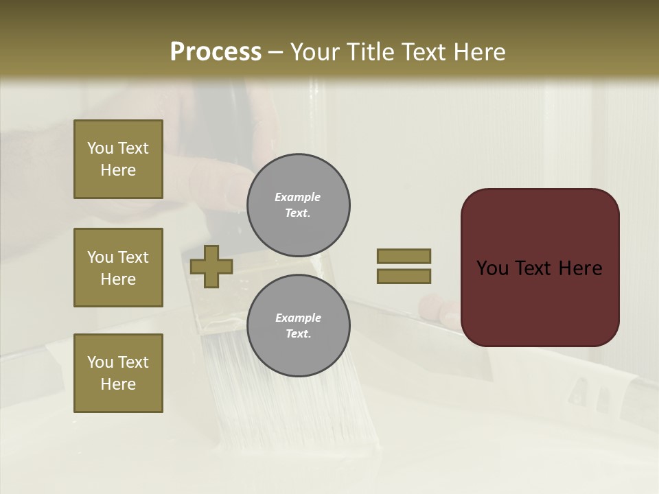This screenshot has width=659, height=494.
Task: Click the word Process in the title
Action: coord(216,52)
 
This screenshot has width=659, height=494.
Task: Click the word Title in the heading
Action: coord(368,52)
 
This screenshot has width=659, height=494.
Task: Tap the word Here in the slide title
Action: coord(478,52)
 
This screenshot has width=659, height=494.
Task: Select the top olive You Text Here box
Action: coord(118,159)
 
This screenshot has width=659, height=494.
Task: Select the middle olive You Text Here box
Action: coord(118,268)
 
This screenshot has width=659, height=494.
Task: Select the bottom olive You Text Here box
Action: coord(118,373)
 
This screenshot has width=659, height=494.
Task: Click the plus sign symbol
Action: coord(211,267)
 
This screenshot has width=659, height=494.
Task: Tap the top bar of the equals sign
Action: coord(404,257)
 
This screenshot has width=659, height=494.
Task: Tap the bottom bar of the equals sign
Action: coord(404,277)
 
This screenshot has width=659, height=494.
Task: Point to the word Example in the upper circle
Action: coord(297,197)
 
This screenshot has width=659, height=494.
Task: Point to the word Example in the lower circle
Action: coord(298,318)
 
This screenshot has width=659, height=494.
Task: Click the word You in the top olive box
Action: coord(100,148)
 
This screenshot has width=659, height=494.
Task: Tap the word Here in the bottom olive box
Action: coord(118,384)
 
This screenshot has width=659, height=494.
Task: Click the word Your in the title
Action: coord(314,52)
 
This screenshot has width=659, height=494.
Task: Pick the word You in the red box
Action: coord(493,268)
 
